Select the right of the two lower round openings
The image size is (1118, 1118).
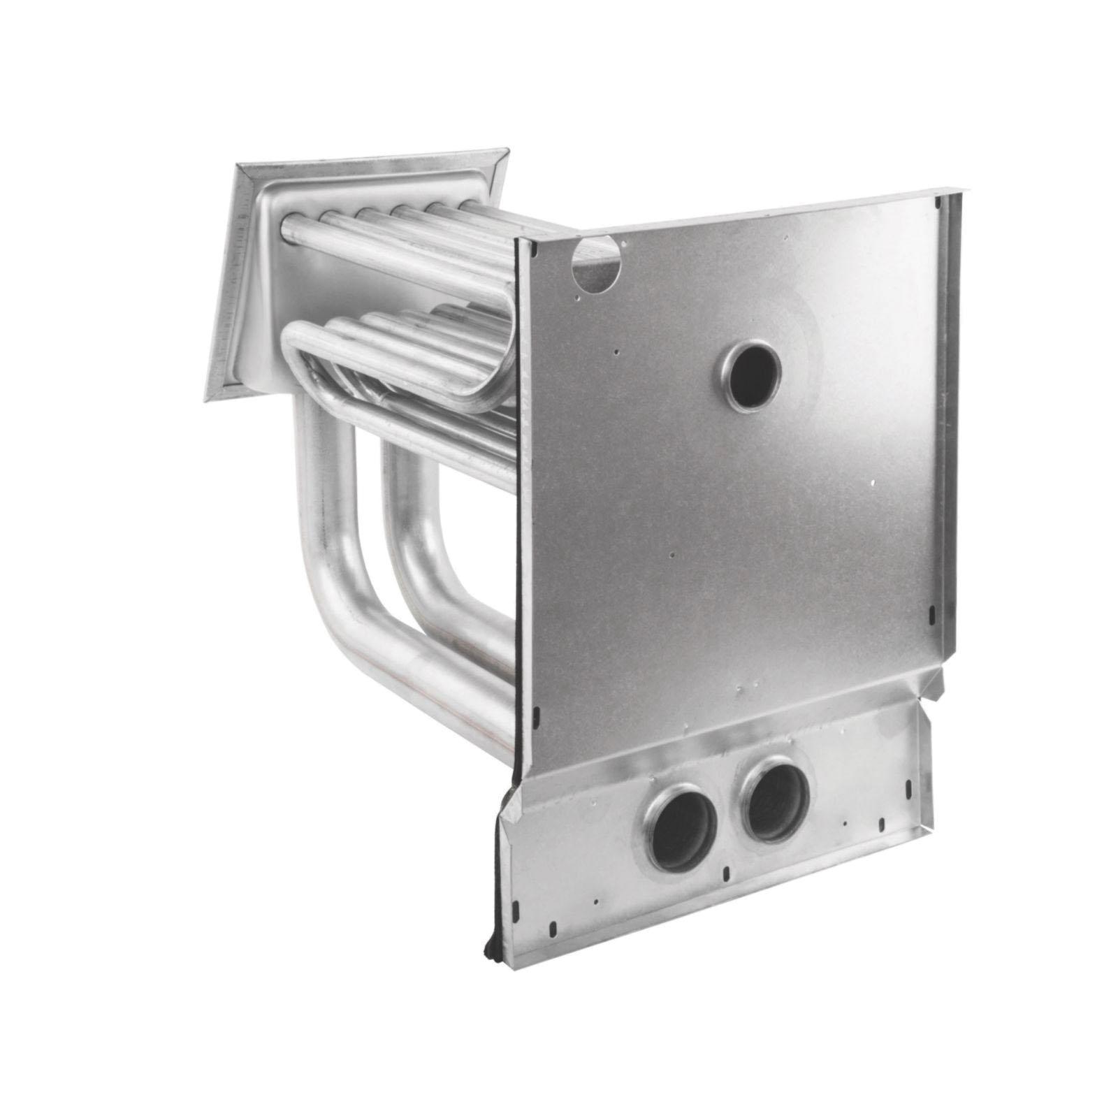point(776,800)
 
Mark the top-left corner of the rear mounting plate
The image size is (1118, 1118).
point(238,166)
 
